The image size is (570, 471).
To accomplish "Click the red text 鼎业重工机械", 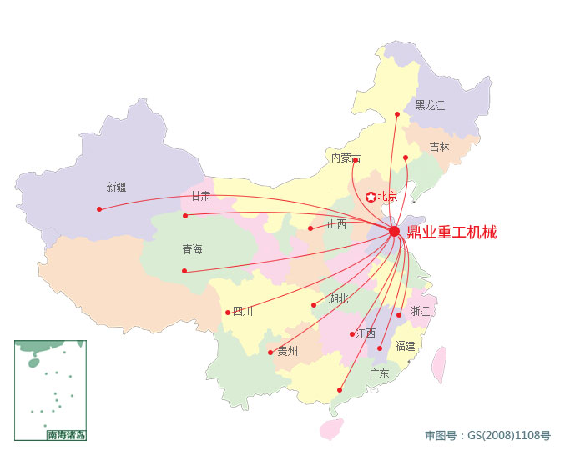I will (x=451, y=233).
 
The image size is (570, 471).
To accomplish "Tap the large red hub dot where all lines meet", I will (x=395, y=231).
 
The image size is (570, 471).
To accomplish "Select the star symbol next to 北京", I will (x=371, y=197).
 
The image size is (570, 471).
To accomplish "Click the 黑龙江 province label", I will (x=430, y=106).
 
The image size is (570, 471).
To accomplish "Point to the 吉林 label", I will (x=439, y=147).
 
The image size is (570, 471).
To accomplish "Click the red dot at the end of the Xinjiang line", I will (x=99, y=209).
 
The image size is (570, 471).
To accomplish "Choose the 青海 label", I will (x=192, y=250).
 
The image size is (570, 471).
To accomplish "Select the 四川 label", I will (x=242, y=312).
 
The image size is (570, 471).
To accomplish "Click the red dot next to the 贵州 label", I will (x=270, y=353).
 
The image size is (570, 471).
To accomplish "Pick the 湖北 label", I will (x=338, y=298).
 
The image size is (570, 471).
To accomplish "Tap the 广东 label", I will (x=379, y=374).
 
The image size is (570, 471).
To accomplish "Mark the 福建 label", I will (x=405, y=346).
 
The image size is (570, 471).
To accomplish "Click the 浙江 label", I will (x=420, y=312).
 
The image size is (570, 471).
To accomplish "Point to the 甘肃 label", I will (x=200, y=197).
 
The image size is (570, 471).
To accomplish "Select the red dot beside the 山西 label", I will (x=310, y=228).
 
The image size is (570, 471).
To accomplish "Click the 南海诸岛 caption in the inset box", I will (x=66, y=435).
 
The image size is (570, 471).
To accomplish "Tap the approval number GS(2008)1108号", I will (x=487, y=435).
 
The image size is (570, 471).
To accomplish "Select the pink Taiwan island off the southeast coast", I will (x=438, y=364).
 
